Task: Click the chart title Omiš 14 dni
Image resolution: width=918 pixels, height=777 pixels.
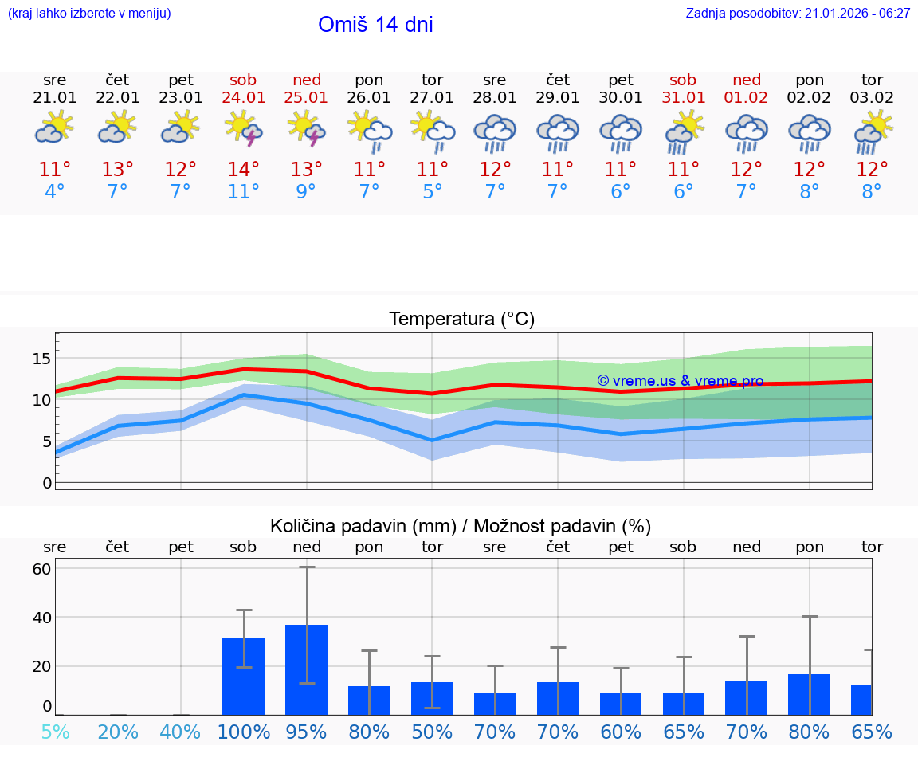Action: [x=375, y=25]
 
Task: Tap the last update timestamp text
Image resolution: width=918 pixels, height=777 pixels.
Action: [x=798, y=14]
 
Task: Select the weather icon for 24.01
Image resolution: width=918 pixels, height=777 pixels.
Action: [x=244, y=128]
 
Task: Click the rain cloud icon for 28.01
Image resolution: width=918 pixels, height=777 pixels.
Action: [x=495, y=133]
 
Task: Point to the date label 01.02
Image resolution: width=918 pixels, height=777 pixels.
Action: [x=747, y=98]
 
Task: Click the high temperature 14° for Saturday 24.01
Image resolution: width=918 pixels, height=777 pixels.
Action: [x=244, y=170]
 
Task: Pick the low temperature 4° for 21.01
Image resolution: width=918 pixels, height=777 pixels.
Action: [x=55, y=192]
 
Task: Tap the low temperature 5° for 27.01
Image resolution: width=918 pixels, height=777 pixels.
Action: [x=432, y=192]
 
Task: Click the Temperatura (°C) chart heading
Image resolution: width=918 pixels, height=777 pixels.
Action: [x=461, y=320]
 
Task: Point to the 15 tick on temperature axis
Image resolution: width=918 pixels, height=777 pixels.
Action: [x=41, y=359]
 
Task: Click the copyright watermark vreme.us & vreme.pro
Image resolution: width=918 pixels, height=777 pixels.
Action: [x=680, y=381]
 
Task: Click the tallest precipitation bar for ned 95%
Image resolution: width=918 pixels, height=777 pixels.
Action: [x=307, y=669]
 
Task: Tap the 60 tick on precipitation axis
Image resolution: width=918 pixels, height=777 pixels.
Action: [x=41, y=569]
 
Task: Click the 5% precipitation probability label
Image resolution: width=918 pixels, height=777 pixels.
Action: [x=55, y=732]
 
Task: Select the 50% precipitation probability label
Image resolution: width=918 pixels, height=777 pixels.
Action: [x=432, y=732]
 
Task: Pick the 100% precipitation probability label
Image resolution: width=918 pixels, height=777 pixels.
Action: [x=244, y=732]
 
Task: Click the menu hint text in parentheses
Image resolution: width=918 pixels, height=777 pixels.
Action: [x=89, y=14]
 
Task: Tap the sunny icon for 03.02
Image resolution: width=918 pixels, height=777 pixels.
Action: [x=873, y=132]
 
